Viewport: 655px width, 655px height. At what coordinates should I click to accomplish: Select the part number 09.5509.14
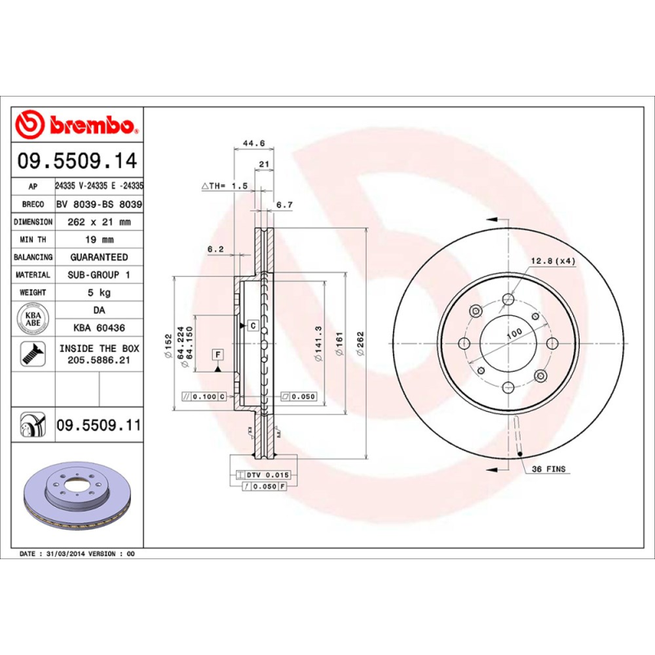79,160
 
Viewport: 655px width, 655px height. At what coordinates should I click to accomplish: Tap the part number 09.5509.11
98,426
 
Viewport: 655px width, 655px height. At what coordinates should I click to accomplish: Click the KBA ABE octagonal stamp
33,318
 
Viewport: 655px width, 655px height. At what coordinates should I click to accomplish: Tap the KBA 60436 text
98,327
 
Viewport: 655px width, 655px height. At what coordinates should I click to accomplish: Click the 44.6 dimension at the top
254,143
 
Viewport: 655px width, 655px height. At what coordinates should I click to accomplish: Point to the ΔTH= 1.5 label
224,187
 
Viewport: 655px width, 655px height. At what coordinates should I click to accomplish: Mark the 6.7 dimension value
284,205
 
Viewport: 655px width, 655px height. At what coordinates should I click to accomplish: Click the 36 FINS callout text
549,469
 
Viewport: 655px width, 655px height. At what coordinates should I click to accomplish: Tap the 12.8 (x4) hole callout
553,260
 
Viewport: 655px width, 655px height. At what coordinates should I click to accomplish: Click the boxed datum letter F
218,355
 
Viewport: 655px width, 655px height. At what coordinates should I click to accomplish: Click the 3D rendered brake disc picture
78,499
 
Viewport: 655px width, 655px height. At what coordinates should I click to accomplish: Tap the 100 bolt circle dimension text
513,334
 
